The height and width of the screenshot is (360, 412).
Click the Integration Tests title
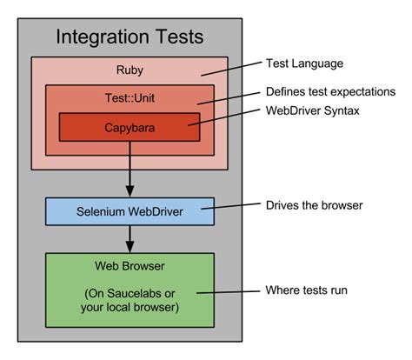[130, 37]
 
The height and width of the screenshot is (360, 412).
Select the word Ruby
[130, 70]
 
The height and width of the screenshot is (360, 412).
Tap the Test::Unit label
[130, 98]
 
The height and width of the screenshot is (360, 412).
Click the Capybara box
[130, 127]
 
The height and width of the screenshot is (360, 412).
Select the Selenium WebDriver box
[130, 211]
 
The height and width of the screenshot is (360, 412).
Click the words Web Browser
[130, 266]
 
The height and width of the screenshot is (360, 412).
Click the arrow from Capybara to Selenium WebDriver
[130, 170]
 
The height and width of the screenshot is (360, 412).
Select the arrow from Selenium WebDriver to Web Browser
[130, 239]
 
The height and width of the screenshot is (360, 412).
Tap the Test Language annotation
[304, 63]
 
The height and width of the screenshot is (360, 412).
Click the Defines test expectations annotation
[330, 91]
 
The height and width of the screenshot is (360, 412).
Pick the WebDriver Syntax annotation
[313, 110]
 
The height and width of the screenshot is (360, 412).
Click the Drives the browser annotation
[315, 205]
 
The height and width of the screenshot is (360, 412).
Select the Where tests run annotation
[306, 290]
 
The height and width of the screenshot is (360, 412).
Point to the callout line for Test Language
[231, 69]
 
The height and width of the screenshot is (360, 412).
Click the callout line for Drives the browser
[231, 206]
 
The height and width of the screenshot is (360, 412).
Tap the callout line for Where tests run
[229, 292]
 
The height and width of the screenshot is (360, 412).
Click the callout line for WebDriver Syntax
[224, 117]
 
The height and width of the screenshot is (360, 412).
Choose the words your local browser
[130, 307]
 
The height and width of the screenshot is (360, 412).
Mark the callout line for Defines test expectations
[229, 98]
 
